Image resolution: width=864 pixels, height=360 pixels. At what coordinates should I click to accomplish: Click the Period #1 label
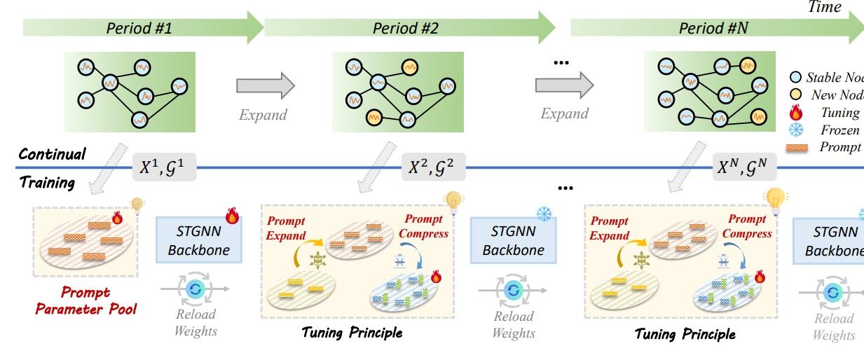[x=139, y=28]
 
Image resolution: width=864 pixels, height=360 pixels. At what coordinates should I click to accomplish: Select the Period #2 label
[x=405, y=28]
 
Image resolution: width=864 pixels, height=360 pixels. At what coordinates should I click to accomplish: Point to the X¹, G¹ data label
[x=165, y=168]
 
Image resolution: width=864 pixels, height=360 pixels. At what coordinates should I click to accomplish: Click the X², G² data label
[x=432, y=168]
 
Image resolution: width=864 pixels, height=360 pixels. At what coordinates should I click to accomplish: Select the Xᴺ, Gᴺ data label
[x=746, y=168]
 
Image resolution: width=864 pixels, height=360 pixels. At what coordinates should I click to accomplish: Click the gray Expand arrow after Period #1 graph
[x=266, y=85]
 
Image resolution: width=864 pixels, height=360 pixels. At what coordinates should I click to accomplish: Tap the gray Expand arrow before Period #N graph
[x=564, y=85]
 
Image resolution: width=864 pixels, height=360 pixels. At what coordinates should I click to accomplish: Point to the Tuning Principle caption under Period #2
[x=352, y=332]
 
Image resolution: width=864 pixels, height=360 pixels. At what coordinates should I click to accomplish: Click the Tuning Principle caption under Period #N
[x=685, y=334]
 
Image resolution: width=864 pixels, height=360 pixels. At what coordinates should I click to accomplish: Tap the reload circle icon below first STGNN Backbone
[x=196, y=288]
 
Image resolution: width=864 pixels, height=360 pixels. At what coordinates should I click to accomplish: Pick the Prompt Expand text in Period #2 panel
[x=285, y=228]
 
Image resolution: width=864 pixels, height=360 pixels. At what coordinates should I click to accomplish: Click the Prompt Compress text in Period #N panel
[x=746, y=227]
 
